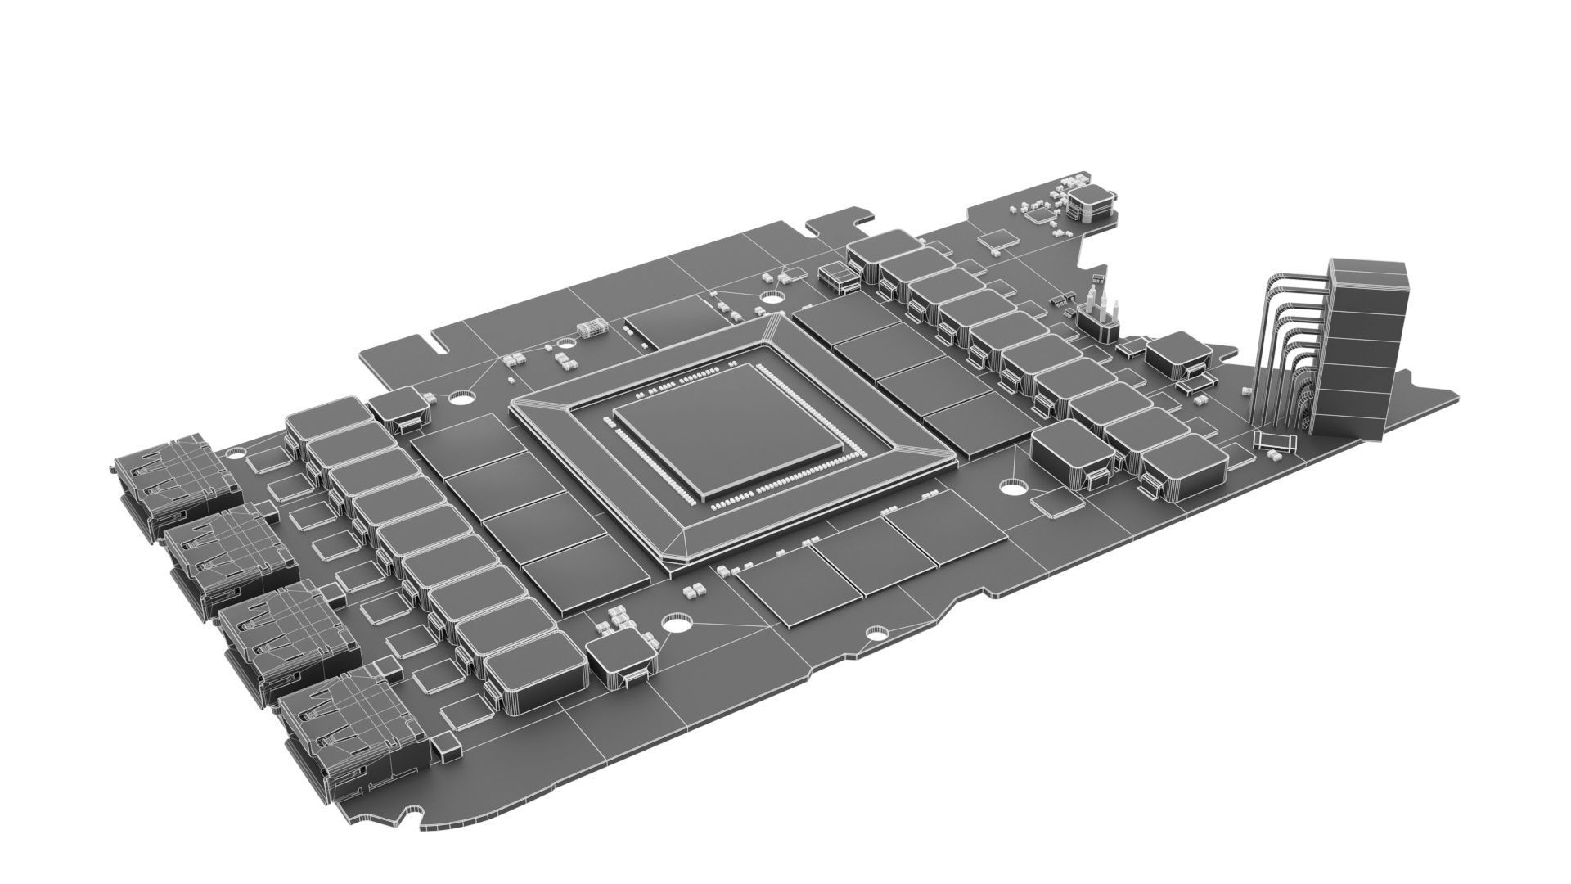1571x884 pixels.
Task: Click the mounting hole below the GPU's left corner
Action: point(677,624)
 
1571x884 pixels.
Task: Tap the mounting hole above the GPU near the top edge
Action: point(771,296)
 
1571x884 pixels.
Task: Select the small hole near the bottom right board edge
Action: point(876,634)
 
